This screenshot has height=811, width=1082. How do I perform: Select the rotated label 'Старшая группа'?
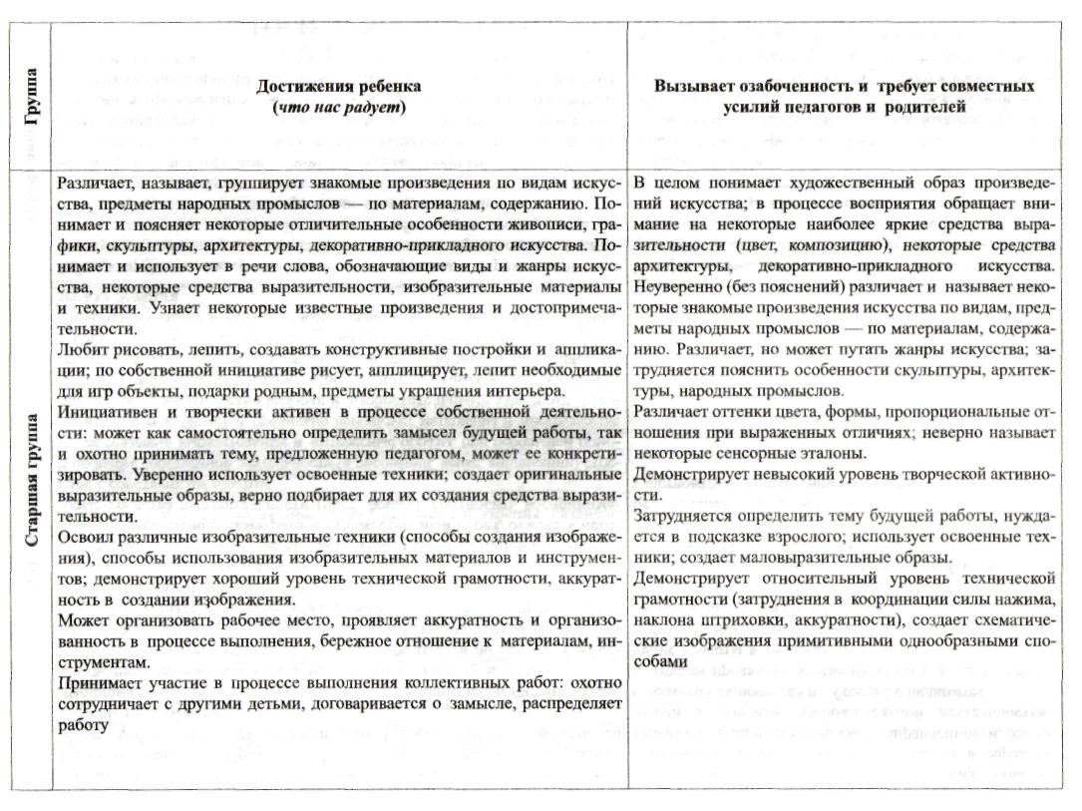pyautogui.click(x=32, y=478)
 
